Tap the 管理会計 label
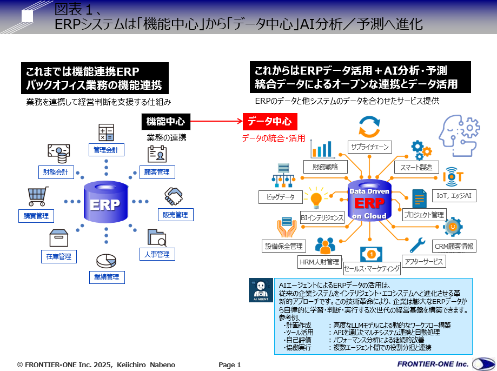[x=106, y=149]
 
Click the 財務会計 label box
[x=56, y=173]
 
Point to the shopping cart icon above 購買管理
[x=37, y=195]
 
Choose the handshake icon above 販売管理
[x=174, y=196]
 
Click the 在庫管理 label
[x=58, y=256]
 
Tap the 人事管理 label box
[x=157, y=254]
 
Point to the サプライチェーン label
[x=369, y=146]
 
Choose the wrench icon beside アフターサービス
[x=418, y=246]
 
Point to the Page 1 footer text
[x=230, y=365]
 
